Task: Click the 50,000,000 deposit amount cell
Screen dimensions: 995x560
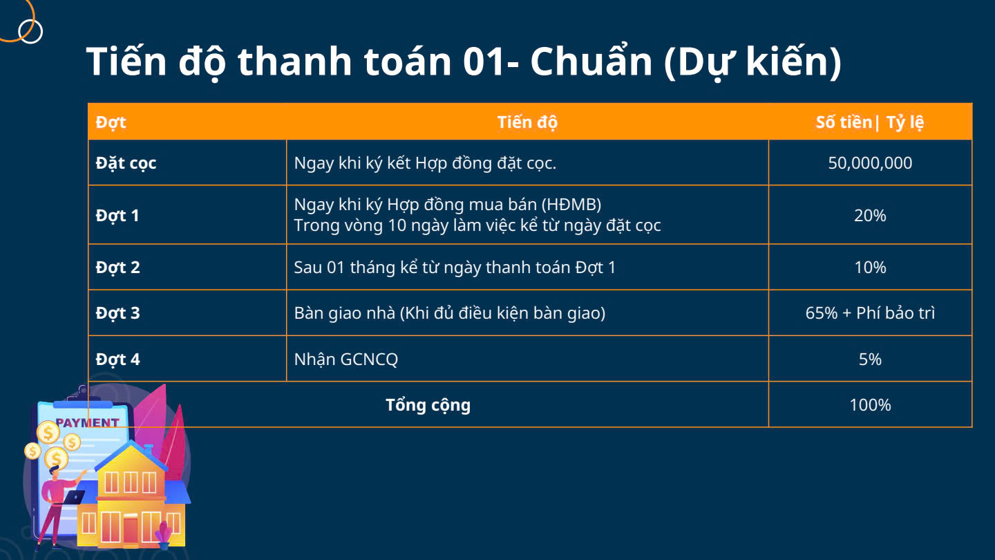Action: [x=870, y=163]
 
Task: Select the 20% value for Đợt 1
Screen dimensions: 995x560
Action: [x=870, y=216]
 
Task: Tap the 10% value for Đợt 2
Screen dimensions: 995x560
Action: [x=870, y=268]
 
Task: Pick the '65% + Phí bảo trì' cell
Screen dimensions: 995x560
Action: [x=870, y=313]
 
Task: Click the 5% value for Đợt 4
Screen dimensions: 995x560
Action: [x=870, y=359]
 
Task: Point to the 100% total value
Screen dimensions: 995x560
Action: [x=870, y=405]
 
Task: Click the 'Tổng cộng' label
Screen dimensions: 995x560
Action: [x=428, y=406]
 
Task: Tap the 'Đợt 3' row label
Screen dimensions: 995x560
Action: [x=117, y=313]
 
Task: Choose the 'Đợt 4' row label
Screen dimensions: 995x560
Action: [x=117, y=359]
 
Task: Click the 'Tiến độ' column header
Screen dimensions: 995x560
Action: [x=527, y=122]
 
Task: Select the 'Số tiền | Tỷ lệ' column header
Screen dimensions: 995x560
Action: [x=870, y=122]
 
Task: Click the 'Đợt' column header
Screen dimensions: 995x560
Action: [x=111, y=122]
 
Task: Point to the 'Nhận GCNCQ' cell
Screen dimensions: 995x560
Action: [x=346, y=360]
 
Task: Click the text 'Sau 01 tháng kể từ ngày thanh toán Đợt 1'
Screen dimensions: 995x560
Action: [x=455, y=268]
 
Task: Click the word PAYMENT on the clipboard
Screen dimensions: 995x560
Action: [x=88, y=422]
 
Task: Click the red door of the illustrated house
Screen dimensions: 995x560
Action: [x=131, y=529]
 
